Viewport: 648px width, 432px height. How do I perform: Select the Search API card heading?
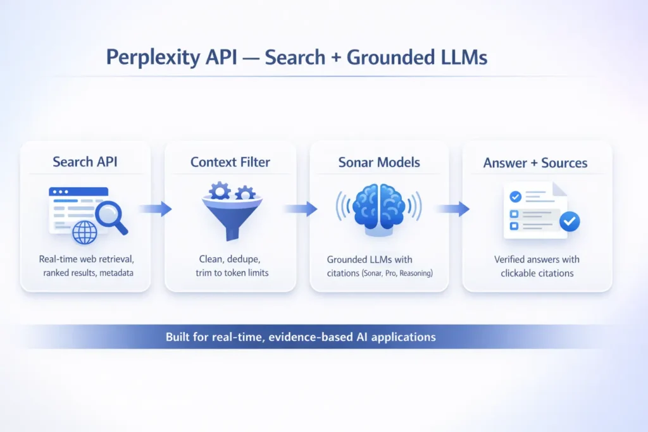pyautogui.click(x=85, y=162)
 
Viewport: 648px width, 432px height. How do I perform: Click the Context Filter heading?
pyautogui.click(x=230, y=162)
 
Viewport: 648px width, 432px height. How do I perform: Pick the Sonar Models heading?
pyautogui.click(x=378, y=162)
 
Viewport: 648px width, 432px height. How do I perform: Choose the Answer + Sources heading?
pyautogui.click(x=535, y=163)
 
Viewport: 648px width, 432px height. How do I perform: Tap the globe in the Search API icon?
pyautogui.click(x=85, y=232)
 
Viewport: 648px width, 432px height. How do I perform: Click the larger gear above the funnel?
pyautogui.click(x=220, y=190)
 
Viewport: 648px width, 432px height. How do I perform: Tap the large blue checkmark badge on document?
pyautogui.click(x=570, y=221)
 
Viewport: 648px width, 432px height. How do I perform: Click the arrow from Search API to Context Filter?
pyautogui.click(x=156, y=209)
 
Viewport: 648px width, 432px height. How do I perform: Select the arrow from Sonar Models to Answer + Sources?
pyautogui.click(x=453, y=209)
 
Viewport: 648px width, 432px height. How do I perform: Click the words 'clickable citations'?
pyautogui.click(x=537, y=273)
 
